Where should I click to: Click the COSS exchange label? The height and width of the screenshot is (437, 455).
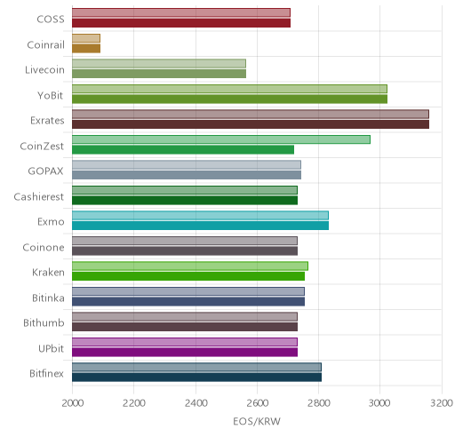coord(51,19)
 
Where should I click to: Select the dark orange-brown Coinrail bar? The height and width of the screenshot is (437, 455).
coord(86,48)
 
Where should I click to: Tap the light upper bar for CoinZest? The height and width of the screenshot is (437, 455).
coord(221,139)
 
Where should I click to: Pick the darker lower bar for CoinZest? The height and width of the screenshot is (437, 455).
coord(183,149)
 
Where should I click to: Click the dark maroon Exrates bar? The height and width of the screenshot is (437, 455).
coord(251,124)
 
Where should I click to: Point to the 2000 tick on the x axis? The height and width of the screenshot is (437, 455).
coord(73,403)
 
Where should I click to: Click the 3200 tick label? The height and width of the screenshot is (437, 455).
coord(442,403)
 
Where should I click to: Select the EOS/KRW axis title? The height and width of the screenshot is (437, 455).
coord(257,421)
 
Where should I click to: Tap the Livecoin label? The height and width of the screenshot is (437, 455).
coord(44,70)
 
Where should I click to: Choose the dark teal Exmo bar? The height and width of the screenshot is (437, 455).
coord(200,226)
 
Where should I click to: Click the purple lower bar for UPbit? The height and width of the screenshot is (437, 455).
coord(185,353)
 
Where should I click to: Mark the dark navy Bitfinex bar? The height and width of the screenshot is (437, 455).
coord(196,377)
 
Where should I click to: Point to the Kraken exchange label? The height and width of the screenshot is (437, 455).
coord(48,273)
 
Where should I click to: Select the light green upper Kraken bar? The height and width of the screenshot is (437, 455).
coord(190,266)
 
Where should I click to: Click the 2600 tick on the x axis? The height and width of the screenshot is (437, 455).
coord(257,403)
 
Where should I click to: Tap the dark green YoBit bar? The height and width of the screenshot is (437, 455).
coord(229,99)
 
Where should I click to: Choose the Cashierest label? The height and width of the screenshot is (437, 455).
coord(39,196)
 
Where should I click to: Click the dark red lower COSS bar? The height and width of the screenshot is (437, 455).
coord(181,23)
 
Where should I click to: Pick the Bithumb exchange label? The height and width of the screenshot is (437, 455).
coord(44,322)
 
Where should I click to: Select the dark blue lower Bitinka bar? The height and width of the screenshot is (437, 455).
coord(188,302)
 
